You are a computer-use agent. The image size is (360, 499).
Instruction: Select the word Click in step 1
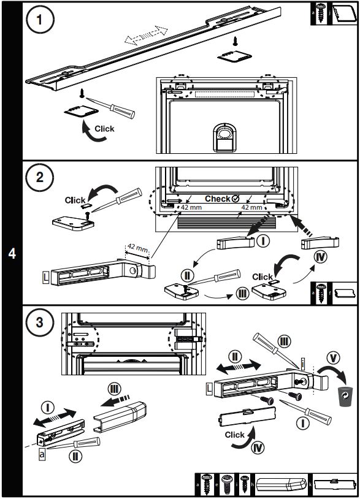click(x=104, y=129)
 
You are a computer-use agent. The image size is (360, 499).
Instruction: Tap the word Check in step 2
click(x=217, y=199)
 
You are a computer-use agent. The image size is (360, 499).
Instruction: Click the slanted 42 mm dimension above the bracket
click(x=137, y=248)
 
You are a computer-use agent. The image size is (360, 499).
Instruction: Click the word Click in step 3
click(x=235, y=435)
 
